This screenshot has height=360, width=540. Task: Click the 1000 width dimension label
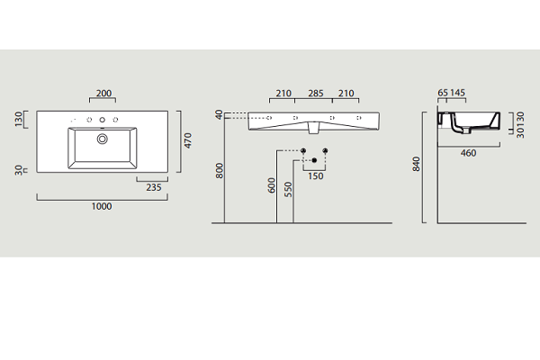102,206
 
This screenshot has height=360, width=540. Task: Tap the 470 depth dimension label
188,141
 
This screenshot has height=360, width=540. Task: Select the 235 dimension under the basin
154,187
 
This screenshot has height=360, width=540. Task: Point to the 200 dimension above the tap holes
103,94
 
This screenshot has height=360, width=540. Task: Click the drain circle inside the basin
103,139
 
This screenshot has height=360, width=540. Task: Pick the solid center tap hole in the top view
103,120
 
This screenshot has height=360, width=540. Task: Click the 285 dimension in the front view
316,94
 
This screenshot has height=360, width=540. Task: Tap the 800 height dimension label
220,171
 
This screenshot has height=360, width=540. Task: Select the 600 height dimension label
272,185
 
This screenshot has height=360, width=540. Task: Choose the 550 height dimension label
288,190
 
